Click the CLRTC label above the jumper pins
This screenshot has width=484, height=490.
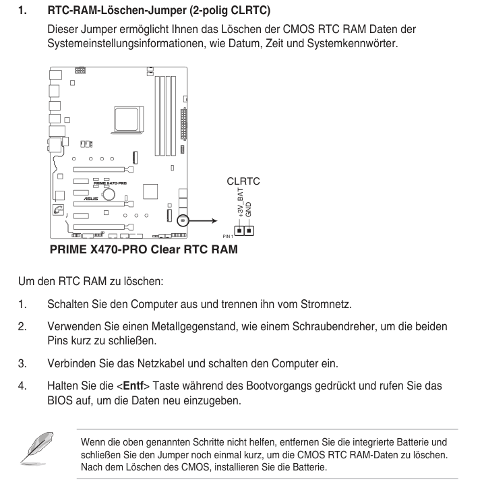click(x=243, y=181)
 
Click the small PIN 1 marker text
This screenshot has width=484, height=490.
click(x=227, y=237)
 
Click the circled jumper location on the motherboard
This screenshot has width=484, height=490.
click(x=182, y=220)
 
